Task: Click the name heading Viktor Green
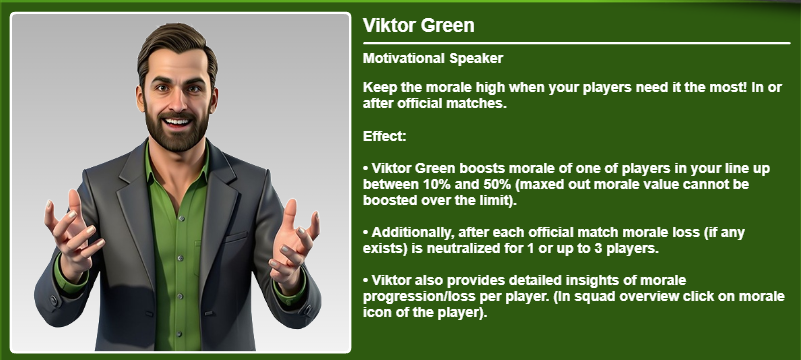point(418,26)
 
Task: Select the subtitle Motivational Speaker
point(433,58)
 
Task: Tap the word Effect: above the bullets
point(384,136)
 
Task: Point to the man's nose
point(177,100)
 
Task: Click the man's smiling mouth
point(177,123)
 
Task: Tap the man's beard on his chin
point(177,138)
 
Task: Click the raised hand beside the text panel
point(292,240)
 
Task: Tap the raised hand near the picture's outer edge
point(73,232)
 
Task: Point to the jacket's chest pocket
point(236,238)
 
